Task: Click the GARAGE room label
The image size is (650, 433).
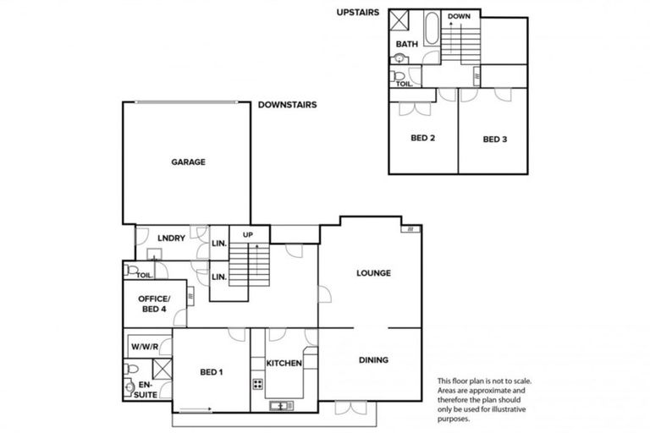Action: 188,162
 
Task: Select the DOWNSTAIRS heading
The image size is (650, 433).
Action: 288,106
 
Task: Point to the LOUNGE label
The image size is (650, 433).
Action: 372,273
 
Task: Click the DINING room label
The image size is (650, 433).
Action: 372,360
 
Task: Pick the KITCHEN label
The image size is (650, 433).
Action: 284,363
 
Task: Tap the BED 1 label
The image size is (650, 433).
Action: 212,371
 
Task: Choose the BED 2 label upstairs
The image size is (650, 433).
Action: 422,139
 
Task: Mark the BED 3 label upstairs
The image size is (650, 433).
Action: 495,139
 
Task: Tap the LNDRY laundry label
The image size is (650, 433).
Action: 171,238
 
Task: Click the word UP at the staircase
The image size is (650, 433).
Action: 248,234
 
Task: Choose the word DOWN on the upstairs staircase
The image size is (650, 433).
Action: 460,16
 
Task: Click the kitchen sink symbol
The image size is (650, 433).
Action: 278,406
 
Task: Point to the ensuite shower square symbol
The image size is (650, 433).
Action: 160,369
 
